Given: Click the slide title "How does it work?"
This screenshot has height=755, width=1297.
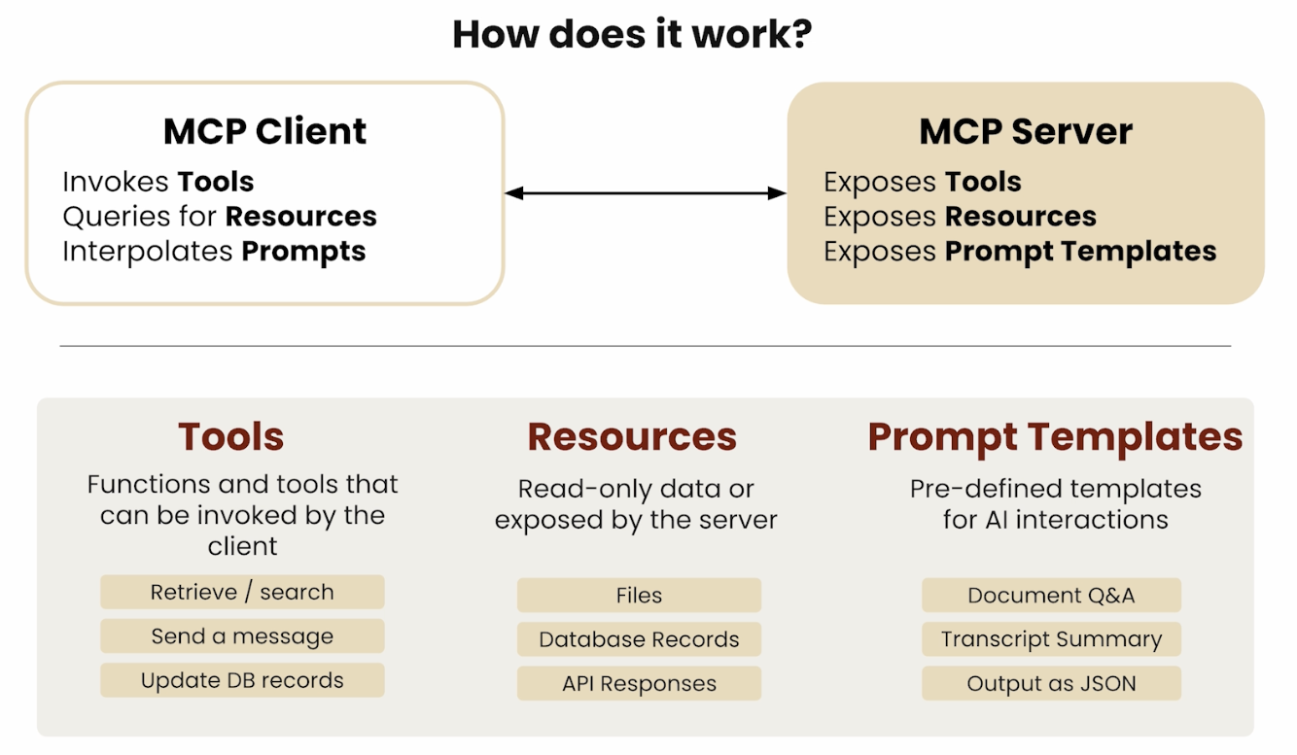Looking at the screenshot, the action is pos(632,34).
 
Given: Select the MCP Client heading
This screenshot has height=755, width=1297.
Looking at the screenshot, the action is pos(264,131).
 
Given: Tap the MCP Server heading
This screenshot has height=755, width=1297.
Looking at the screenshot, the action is pos(1026,131).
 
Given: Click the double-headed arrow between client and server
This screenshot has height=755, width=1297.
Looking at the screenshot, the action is pos(645,193).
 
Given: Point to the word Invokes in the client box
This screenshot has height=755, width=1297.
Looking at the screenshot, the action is pos(116,182).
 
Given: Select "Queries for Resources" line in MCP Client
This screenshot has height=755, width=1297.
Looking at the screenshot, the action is pos(220,217).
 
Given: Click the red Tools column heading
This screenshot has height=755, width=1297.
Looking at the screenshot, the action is pos(231,436).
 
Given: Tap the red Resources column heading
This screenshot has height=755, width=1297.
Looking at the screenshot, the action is pos(632,436).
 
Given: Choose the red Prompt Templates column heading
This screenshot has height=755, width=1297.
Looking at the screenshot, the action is pos(1055,438).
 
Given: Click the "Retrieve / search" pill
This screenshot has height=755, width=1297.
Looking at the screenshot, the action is pos(242,592).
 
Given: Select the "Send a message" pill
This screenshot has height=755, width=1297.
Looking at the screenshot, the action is pos(242,635).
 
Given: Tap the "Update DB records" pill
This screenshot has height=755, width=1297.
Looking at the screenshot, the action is pos(242,680).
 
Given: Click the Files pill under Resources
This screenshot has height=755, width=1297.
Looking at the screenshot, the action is pos(639,595).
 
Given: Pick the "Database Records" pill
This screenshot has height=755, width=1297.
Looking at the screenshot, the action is pos(639,638).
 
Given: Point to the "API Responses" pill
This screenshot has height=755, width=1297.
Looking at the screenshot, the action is pos(639,683).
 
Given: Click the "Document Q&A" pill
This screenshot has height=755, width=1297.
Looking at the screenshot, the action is pos(1051,595).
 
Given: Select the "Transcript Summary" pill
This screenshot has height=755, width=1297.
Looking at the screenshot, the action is pos(1051,638).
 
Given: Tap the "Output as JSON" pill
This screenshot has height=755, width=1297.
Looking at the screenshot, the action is pos(1051,683).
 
